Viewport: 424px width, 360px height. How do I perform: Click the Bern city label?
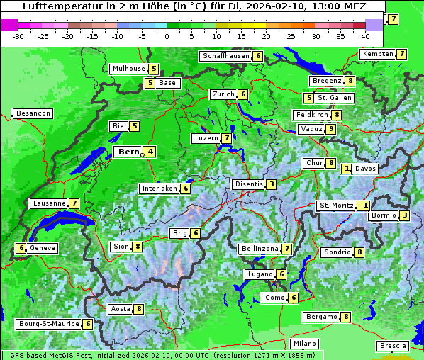click(x=128, y=152)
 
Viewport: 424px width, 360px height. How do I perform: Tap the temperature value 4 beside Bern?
click(x=150, y=152)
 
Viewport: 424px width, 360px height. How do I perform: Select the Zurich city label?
click(x=223, y=94)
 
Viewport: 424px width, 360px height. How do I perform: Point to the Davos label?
click(x=366, y=169)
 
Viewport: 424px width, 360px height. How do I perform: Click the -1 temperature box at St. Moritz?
click(x=364, y=206)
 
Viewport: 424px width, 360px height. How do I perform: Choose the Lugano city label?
click(x=260, y=274)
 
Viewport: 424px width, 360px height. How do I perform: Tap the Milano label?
click(x=305, y=344)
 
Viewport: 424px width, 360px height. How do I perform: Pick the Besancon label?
click(x=33, y=113)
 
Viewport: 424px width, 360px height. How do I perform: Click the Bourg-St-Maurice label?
click(x=48, y=324)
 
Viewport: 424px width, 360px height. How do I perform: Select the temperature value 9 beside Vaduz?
click(x=330, y=129)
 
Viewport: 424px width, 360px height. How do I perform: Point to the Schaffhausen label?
click(x=225, y=56)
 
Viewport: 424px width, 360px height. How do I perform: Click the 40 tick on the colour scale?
click(x=365, y=35)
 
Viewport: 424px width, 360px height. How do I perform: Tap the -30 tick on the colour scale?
click(x=18, y=35)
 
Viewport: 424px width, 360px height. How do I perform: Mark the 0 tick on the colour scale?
click(x=167, y=35)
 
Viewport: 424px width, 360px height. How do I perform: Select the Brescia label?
click(x=393, y=346)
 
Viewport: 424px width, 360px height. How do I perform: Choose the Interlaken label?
click(x=159, y=189)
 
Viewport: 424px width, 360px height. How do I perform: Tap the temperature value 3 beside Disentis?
click(x=272, y=184)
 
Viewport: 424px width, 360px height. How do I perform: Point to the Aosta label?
click(x=120, y=309)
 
